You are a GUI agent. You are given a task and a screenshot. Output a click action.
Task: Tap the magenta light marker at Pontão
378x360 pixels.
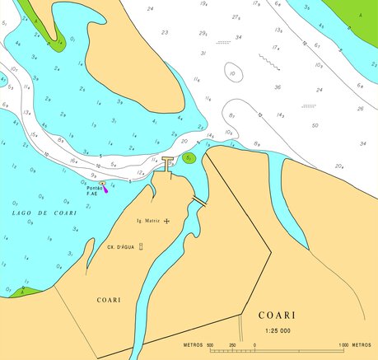[x=105, y=189]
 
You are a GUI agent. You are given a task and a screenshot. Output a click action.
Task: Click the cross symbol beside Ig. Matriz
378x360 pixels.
[x=167, y=222]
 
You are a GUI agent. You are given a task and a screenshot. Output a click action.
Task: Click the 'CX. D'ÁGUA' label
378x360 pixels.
[x=121, y=246]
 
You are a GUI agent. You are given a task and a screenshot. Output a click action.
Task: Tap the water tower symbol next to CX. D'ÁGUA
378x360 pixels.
[x=142, y=246]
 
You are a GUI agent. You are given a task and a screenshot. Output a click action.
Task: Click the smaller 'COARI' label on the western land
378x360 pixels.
[x=109, y=300]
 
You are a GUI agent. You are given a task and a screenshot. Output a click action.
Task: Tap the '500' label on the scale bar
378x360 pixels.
[x=209, y=344]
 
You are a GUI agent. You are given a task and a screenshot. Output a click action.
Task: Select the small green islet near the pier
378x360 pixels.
[x=189, y=158]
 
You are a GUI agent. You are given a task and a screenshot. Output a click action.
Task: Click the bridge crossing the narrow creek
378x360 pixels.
[x=198, y=200]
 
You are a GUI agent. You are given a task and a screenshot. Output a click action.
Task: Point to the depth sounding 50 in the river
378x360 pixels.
[x=315, y=126]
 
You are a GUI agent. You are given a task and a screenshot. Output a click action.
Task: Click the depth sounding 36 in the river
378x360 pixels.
[x=277, y=87]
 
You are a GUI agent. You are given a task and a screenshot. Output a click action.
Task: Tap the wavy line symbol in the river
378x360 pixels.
[x=268, y=59]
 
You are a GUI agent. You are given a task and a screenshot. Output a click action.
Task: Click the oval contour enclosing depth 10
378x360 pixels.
[x=234, y=73]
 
